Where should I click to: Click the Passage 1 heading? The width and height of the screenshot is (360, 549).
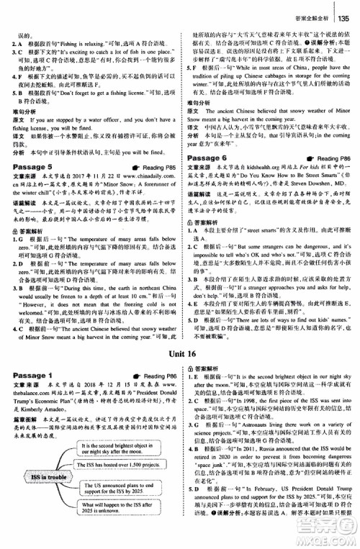(x=33, y=375)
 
